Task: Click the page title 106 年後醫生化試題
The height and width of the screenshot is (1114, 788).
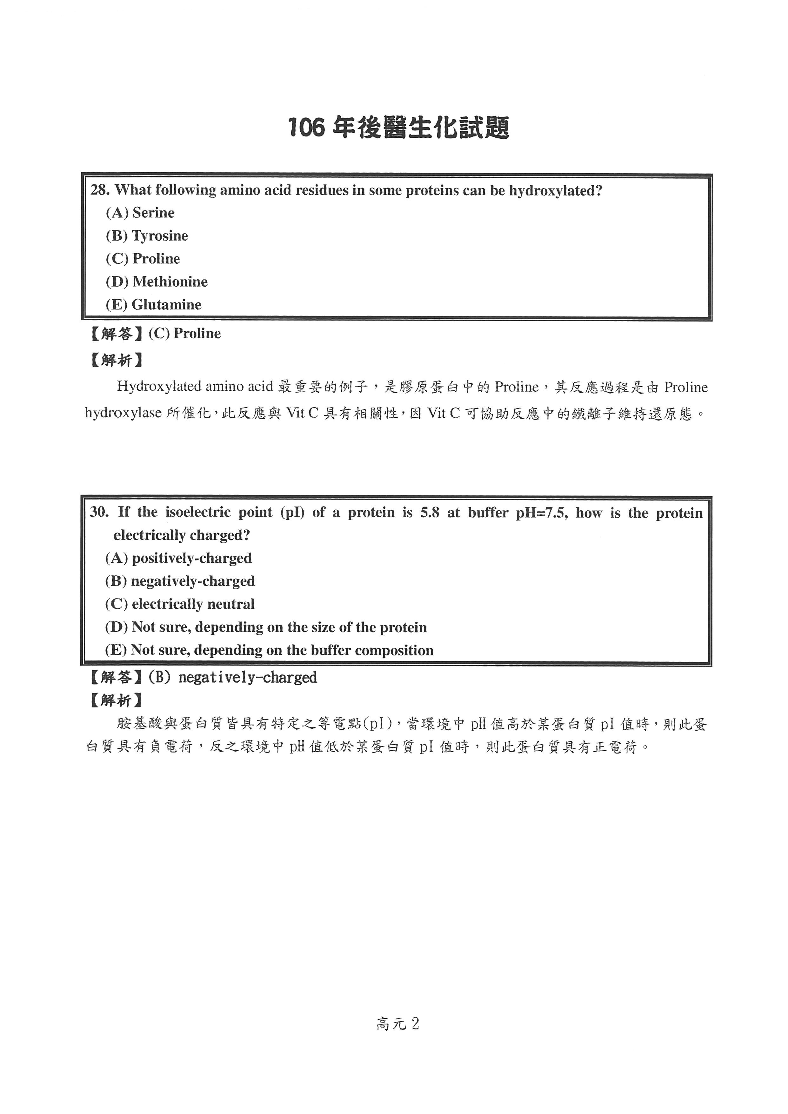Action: (x=398, y=128)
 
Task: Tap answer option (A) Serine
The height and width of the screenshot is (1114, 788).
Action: (x=140, y=213)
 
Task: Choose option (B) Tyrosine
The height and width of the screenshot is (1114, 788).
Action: (x=147, y=236)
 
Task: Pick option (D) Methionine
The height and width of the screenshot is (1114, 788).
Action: (x=156, y=282)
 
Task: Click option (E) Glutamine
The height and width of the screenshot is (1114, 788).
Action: (x=153, y=305)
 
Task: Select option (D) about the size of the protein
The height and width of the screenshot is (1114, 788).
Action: (x=266, y=627)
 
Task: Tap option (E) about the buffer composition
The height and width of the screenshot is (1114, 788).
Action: (x=269, y=650)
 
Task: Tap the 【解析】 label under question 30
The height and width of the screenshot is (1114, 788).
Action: (x=117, y=700)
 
